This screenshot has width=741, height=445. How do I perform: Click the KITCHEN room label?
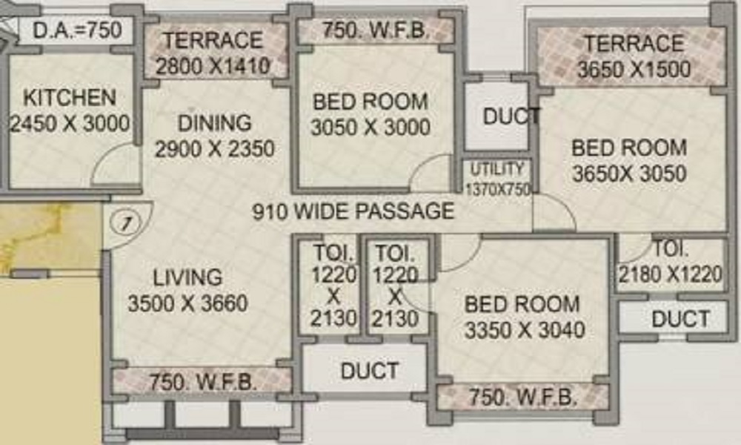70,98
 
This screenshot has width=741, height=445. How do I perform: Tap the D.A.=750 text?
72,32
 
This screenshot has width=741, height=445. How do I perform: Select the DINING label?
214,122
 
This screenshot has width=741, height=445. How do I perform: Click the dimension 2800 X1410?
213,66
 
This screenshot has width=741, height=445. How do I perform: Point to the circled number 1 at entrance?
127,221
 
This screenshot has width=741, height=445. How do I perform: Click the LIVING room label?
187,278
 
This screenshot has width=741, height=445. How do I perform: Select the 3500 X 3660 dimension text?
187,303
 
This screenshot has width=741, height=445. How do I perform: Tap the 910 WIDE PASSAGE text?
353,211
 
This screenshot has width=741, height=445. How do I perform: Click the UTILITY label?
496,169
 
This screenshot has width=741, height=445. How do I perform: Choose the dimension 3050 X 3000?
370,127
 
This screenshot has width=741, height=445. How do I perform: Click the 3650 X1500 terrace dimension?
634,70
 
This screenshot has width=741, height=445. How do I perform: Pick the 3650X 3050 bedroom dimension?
628,174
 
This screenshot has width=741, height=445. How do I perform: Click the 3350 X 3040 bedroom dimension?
525,329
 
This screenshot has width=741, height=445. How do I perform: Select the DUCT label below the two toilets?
369,371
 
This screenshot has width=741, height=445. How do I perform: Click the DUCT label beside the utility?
510,116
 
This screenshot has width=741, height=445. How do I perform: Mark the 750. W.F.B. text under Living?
203,383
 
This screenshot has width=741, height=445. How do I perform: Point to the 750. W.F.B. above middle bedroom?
374,31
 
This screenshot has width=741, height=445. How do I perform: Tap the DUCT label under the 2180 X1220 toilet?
679,320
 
